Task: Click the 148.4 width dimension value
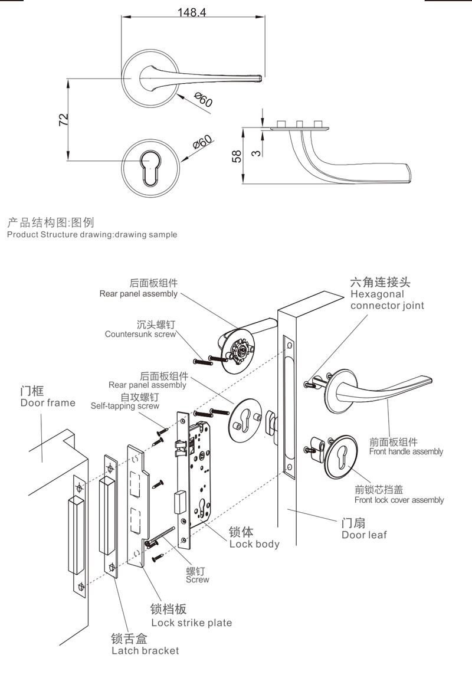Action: (x=192, y=12)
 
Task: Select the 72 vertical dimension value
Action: (x=64, y=120)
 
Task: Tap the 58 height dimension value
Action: (x=237, y=156)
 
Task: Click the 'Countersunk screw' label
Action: (x=140, y=334)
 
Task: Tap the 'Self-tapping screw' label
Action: (x=124, y=406)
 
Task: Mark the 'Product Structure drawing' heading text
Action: (x=91, y=234)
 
